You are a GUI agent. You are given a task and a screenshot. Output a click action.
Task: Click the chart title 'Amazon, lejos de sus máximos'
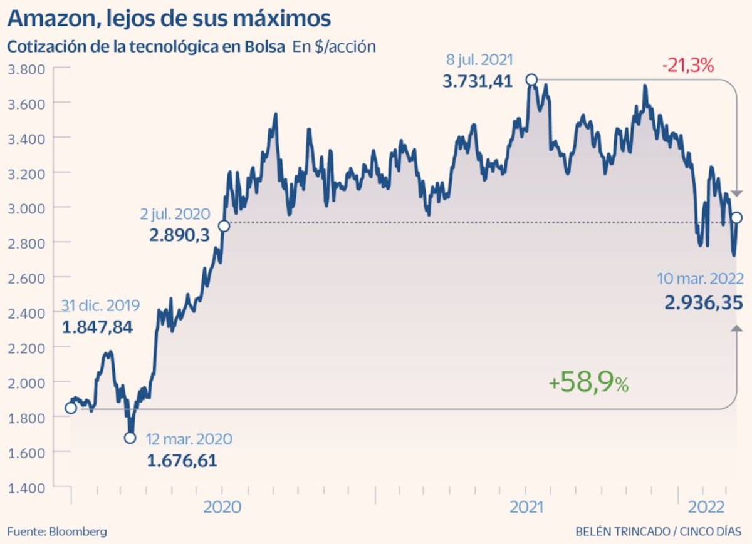[169, 19]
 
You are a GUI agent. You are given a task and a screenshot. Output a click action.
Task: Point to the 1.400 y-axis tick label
[26, 486]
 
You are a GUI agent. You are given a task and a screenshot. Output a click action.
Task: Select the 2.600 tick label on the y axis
[26, 277]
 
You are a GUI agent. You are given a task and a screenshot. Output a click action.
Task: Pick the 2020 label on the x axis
[222, 506]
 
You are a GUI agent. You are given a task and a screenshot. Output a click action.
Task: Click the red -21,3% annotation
[687, 65]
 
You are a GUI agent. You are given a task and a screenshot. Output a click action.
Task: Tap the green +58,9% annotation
[588, 383]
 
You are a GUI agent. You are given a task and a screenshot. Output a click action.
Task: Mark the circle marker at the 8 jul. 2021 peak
[531, 80]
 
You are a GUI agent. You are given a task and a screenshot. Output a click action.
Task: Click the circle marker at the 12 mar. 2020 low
[130, 438]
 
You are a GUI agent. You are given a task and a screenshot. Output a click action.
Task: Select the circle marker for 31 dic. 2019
[71, 408]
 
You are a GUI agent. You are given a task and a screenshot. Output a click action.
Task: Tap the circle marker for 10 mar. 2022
[737, 218]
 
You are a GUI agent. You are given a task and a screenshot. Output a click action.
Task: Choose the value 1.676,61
[182, 461]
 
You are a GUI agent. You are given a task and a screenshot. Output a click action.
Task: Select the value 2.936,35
[704, 303]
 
